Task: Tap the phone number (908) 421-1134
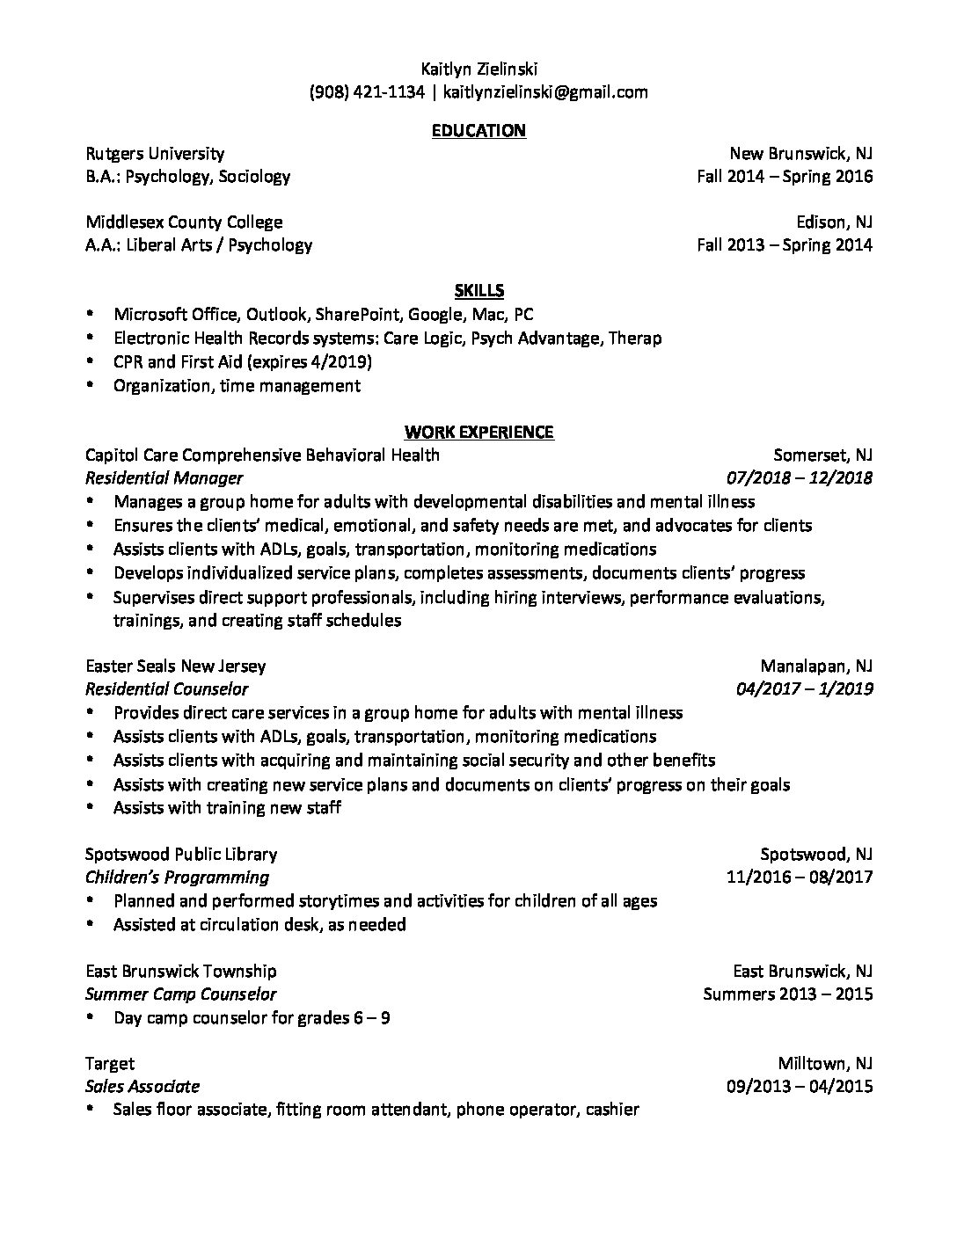[367, 91]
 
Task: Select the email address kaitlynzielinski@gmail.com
[545, 91]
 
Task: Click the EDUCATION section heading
[478, 131]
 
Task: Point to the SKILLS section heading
[478, 291]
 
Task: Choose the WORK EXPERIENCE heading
[478, 432]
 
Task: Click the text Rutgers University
[155, 154]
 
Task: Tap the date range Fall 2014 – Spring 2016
[785, 177]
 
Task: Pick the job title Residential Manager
[164, 478]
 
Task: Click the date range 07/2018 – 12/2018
[800, 478]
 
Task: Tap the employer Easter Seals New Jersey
[175, 666]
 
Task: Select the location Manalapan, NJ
[816, 666]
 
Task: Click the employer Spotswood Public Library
[181, 854]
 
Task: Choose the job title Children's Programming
[177, 877]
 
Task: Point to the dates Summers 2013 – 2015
[788, 994]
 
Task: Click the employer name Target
[110, 1064]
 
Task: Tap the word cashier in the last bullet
[611, 1110]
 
